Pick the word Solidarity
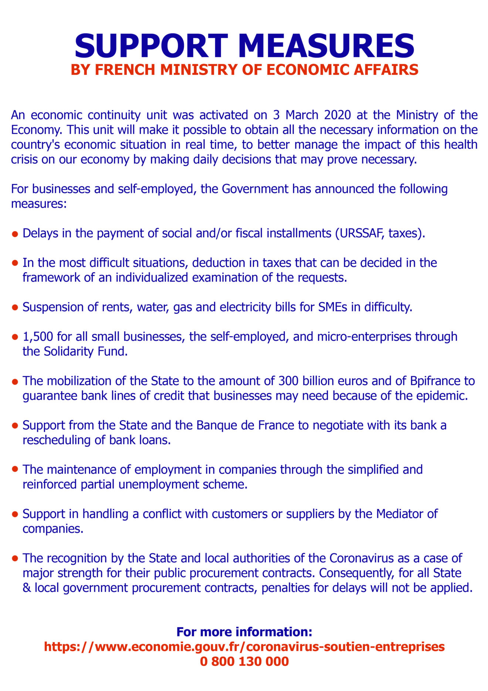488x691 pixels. [x=69, y=351]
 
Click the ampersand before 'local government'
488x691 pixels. [x=27, y=587]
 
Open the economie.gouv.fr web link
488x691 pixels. [x=244, y=646]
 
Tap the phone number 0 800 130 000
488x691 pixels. [x=244, y=661]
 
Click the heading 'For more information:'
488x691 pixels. [x=244, y=631]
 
